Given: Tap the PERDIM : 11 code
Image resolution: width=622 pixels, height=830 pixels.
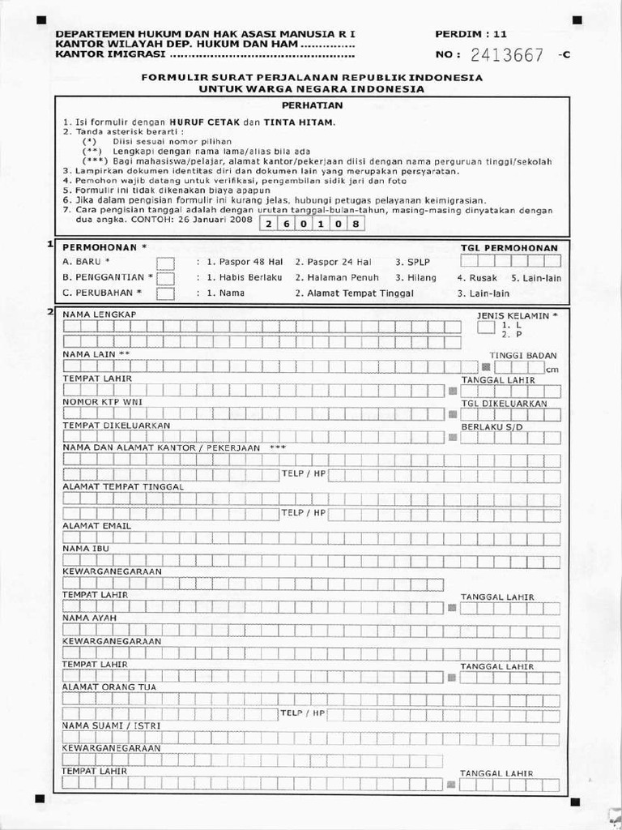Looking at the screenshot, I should point(471,34).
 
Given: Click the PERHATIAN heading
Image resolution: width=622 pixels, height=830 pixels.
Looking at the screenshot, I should point(312,105).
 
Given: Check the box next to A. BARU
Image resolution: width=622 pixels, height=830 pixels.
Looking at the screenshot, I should point(165,263).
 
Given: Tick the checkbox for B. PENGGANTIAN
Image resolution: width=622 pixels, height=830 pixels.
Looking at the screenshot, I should point(165,278).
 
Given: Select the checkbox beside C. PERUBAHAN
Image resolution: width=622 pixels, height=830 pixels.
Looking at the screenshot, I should point(165,293).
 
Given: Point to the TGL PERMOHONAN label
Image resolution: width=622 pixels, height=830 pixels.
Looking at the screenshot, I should point(509,247).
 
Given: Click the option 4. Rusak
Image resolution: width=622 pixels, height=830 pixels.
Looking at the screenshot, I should point(482,278).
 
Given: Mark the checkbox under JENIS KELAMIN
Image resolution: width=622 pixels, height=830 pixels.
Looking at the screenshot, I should point(485,327).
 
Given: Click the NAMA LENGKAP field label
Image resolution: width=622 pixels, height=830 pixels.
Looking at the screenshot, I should point(99,314).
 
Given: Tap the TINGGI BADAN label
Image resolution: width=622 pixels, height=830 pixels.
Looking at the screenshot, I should point(523,355).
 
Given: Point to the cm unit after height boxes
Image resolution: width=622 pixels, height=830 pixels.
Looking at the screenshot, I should point(552,370).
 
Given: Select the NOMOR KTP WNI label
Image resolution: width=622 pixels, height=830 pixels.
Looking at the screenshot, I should point(102,402).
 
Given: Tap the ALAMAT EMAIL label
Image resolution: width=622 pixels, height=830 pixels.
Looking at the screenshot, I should point(96,525).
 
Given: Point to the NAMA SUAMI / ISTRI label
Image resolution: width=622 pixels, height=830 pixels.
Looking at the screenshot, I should point(111,725).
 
